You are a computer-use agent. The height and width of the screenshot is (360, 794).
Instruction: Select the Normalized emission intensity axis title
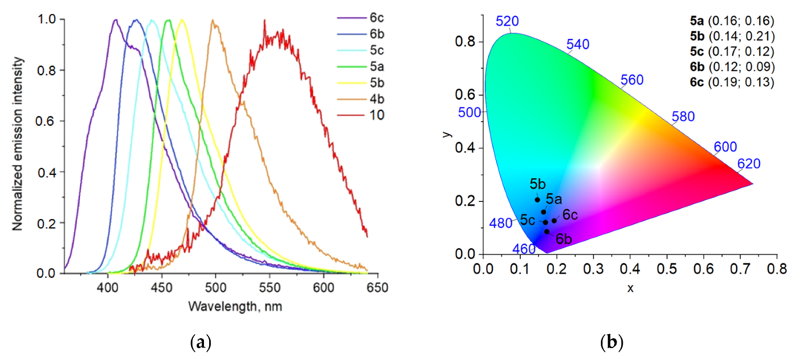[18, 146]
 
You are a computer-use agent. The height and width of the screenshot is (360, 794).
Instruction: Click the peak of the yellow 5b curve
[182, 20]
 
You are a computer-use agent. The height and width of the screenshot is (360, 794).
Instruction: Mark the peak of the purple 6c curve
[116, 20]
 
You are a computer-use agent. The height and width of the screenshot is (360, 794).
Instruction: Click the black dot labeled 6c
[554, 221]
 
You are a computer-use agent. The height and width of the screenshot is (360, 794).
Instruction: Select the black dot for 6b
[547, 232]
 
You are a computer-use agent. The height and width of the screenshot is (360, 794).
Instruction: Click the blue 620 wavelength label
[749, 164]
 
